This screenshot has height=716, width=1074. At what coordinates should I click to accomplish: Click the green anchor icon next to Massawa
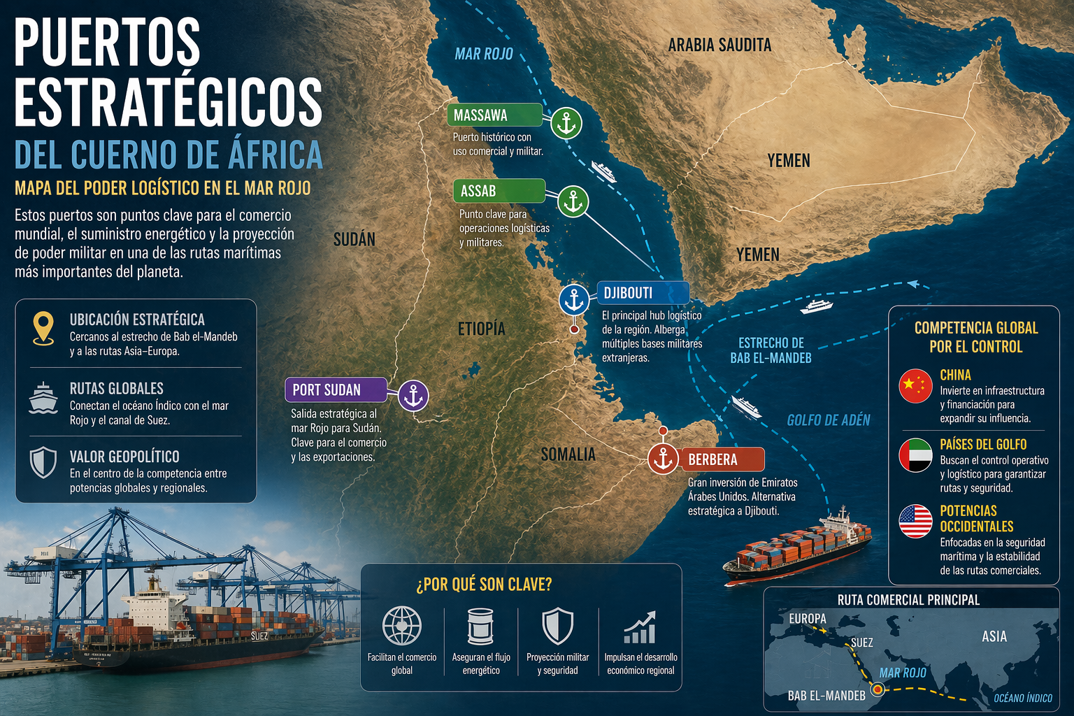[x=566, y=124]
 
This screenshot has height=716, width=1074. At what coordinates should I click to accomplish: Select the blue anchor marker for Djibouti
[x=574, y=299]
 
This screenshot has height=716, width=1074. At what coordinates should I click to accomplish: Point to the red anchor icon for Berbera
[x=663, y=459]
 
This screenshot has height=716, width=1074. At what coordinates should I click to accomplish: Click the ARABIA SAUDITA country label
[x=719, y=45]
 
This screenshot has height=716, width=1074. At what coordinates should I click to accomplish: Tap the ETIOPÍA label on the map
[x=481, y=329]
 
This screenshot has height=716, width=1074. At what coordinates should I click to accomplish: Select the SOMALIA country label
[x=568, y=454]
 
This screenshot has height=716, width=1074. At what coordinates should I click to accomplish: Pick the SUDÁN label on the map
[x=354, y=240]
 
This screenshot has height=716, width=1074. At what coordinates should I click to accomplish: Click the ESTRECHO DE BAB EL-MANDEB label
[x=771, y=350]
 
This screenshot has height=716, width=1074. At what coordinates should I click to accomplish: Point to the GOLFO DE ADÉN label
[x=828, y=420]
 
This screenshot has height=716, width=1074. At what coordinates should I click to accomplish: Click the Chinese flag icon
[x=915, y=386]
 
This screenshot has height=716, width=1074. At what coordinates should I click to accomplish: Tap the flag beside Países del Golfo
[x=915, y=455]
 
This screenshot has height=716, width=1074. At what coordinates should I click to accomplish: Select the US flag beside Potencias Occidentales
[x=915, y=521]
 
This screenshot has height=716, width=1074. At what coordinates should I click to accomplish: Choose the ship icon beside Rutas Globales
[x=43, y=398]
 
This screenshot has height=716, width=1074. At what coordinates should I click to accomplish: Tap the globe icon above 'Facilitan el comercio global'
[x=402, y=625]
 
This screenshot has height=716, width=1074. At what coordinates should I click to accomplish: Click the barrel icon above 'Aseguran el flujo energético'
[x=480, y=625]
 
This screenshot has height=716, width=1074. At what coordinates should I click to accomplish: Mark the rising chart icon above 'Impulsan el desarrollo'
[x=640, y=626]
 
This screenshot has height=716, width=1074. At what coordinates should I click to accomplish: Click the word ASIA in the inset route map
[x=994, y=636]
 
